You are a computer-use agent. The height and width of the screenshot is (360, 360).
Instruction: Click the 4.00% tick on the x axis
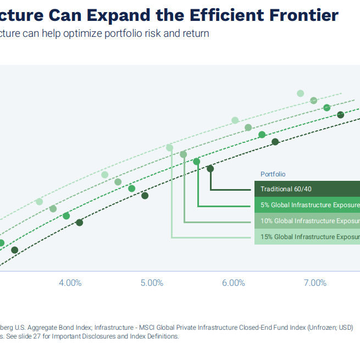click(x=70, y=283)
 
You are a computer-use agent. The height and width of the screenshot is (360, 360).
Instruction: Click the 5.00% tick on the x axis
click(x=152, y=283)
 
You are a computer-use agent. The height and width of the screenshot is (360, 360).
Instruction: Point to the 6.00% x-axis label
click(x=234, y=283)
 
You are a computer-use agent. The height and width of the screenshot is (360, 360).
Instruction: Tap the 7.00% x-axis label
click(x=315, y=283)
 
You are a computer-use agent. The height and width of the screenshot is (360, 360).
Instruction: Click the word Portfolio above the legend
click(x=273, y=174)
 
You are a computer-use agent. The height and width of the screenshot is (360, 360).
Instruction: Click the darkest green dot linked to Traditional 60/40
click(x=210, y=169)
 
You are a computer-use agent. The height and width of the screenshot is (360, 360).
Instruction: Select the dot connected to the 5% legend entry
click(x=197, y=161)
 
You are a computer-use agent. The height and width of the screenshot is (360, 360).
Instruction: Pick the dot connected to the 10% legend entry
click(x=183, y=154)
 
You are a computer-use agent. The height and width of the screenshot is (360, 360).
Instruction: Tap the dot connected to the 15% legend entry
click(x=169, y=147)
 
